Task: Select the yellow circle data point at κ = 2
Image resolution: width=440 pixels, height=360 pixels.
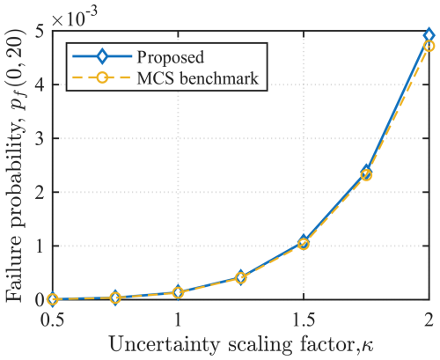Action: point(429,46)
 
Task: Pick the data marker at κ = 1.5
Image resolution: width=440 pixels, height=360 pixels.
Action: point(304,242)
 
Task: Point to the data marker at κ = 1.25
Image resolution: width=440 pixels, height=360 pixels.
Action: point(241,278)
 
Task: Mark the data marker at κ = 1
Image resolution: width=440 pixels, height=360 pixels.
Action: point(178,292)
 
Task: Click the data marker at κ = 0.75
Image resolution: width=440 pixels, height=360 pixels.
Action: point(115,298)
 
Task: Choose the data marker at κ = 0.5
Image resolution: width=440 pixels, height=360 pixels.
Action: point(53,300)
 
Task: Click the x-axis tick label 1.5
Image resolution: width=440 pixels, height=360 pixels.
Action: point(304,318)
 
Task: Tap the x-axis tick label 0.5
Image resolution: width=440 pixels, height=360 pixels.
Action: point(53,318)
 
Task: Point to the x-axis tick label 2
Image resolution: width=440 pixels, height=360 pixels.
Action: point(429,318)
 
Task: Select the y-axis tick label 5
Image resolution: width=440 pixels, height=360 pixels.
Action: point(39,32)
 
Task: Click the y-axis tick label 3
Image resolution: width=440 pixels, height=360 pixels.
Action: point(39,139)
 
